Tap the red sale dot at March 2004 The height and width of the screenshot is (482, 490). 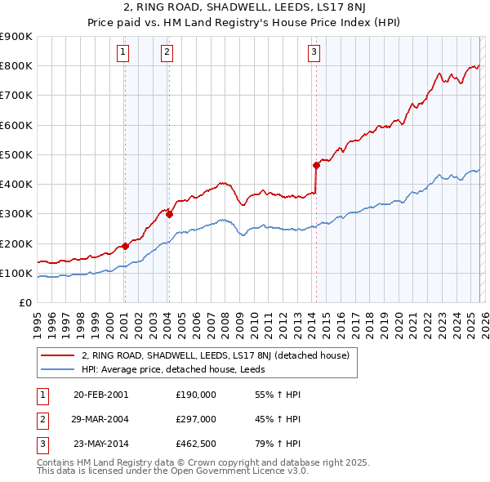click(x=169, y=214)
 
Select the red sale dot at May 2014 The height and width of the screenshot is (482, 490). click(x=316, y=165)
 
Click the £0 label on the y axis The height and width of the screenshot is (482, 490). click(x=24, y=302)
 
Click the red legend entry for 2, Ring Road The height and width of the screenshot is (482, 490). click(x=216, y=355)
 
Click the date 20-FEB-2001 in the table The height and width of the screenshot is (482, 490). click(x=100, y=395)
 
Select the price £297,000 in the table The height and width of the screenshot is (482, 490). click(x=196, y=420)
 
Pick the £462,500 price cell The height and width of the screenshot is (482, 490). click(x=196, y=445)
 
